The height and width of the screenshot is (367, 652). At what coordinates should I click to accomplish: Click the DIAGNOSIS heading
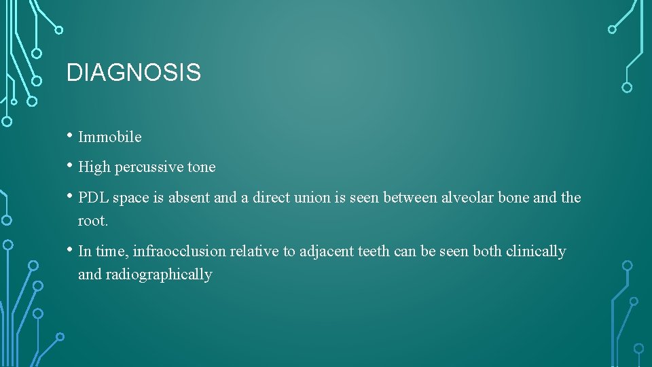133,73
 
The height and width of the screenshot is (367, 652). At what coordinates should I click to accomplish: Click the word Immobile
110,137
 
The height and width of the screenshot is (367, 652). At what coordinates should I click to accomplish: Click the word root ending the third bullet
92,221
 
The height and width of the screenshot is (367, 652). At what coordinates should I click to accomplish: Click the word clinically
536,251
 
